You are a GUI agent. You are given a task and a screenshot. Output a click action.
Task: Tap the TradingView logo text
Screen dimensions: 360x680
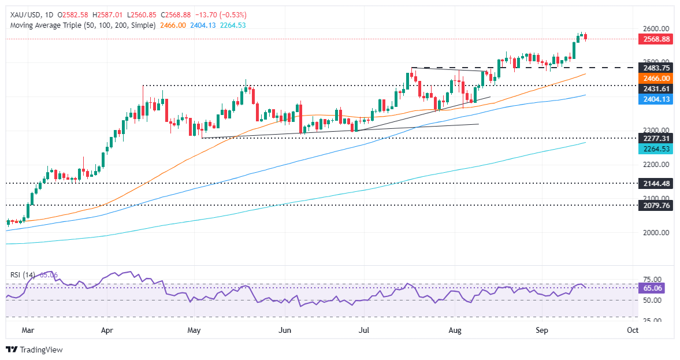pos(40,350)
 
